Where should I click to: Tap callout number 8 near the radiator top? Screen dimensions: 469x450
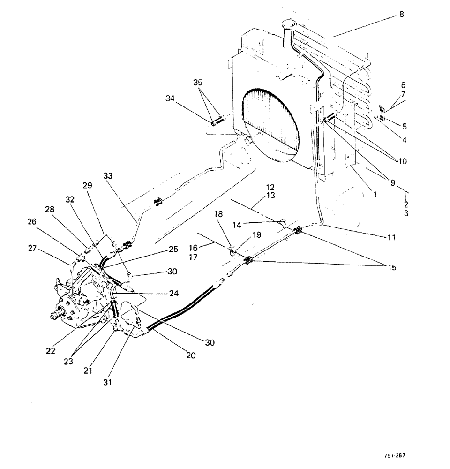[401, 15]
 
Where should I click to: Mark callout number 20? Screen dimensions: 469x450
[190, 356]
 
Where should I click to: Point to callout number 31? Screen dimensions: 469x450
[108, 382]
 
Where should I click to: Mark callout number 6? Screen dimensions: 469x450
[403, 85]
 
